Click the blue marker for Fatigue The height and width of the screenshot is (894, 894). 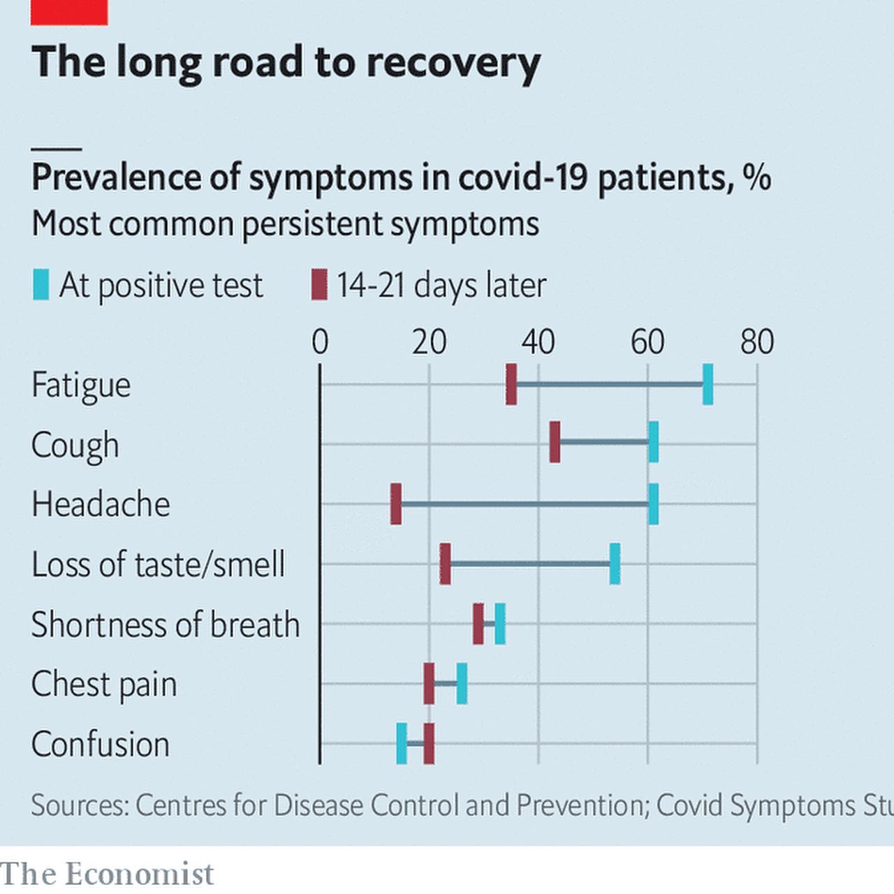click(708, 384)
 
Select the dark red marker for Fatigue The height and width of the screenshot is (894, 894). click(511, 384)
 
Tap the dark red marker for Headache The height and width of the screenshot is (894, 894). click(396, 504)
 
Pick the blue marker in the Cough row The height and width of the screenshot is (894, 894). click(653, 442)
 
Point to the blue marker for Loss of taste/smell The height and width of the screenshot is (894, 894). click(615, 564)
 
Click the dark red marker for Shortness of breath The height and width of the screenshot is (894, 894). click(478, 624)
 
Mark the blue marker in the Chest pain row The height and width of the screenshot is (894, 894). click(462, 684)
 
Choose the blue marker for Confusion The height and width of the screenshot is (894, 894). click(402, 744)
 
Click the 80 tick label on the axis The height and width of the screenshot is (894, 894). click(757, 342)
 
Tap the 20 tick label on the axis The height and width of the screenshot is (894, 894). click(429, 342)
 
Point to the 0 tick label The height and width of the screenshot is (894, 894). click(320, 342)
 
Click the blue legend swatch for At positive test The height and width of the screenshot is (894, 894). click(41, 285)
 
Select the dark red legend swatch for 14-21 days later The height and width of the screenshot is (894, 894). click(319, 285)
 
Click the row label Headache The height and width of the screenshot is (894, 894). click(101, 504)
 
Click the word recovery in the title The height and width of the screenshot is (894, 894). click(453, 63)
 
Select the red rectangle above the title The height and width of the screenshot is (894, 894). click(69, 12)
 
